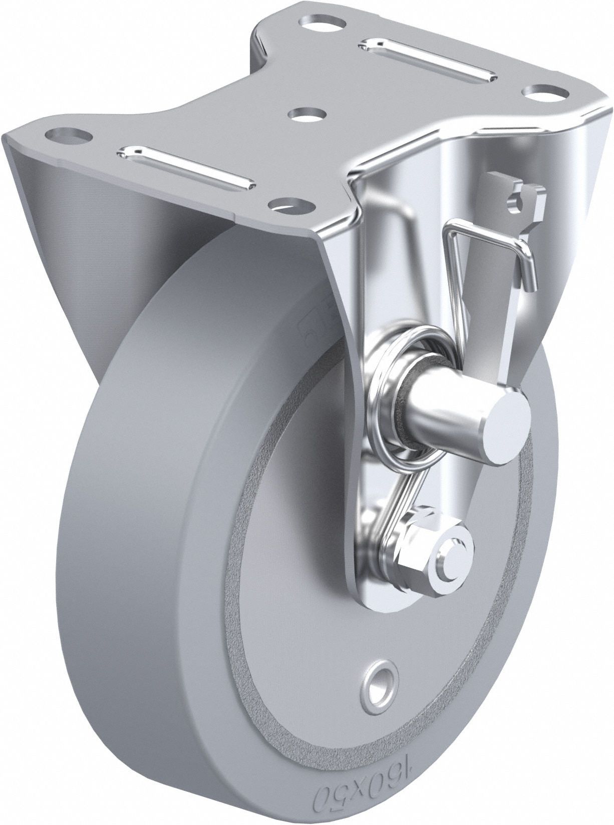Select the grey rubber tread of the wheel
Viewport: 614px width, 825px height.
click(x=150, y=601)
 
